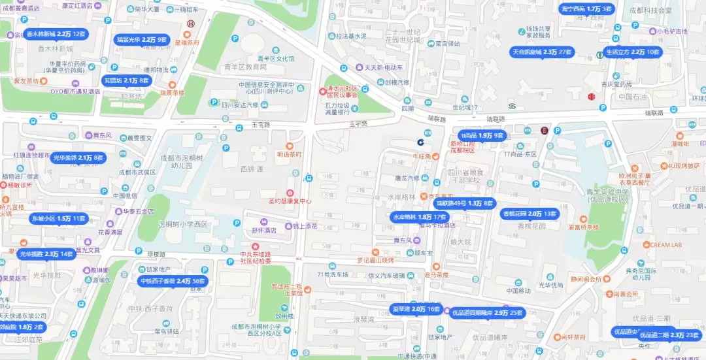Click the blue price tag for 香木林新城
pyautogui.click(x=56, y=34)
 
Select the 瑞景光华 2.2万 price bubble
pyautogui.click(x=142, y=40)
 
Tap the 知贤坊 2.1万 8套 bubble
pyautogui.click(x=127, y=80)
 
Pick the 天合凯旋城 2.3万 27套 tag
pyautogui.click(x=542, y=52)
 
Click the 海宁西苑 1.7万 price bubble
pyautogui.click(x=586, y=9)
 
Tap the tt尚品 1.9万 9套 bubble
pyautogui.click(x=482, y=135)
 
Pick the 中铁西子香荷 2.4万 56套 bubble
pyautogui.click(x=173, y=281)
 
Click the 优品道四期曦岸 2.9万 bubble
pyautogui.click(x=488, y=313)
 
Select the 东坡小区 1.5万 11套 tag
pyautogui.click(x=58, y=218)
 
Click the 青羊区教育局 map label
pyautogui.click(x=245, y=67)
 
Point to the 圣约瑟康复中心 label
pyautogui.click(x=291, y=201)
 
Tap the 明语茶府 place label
pyautogui.click(x=289, y=155)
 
